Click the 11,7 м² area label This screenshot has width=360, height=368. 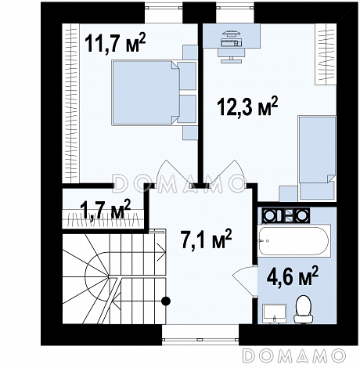(x=115, y=42)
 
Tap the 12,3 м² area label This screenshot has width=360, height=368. (x=247, y=106)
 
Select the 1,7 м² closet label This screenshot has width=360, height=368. (x=106, y=209)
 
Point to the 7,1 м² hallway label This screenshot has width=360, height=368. (x=206, y=239)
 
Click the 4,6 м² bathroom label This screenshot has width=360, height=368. (x=293, y=276)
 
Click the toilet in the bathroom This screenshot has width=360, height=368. (x=304, y=309)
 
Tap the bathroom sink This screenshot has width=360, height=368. (x=275, y=313)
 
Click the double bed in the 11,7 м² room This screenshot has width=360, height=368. (x=146, y=92)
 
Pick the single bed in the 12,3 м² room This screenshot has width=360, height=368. (x=317, y=158)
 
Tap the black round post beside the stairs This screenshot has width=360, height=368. (x=166, y=301)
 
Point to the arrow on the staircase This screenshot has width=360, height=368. (x=160, y=253)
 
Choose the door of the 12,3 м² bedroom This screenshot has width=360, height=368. (x=229, y=173)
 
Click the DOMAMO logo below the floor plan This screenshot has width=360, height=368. (x=294, y=355)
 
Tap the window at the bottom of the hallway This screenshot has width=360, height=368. (x=200, y=340)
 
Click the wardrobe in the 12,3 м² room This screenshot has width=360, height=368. (x=326, y=54)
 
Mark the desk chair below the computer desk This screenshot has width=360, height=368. (x=232, y=56)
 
